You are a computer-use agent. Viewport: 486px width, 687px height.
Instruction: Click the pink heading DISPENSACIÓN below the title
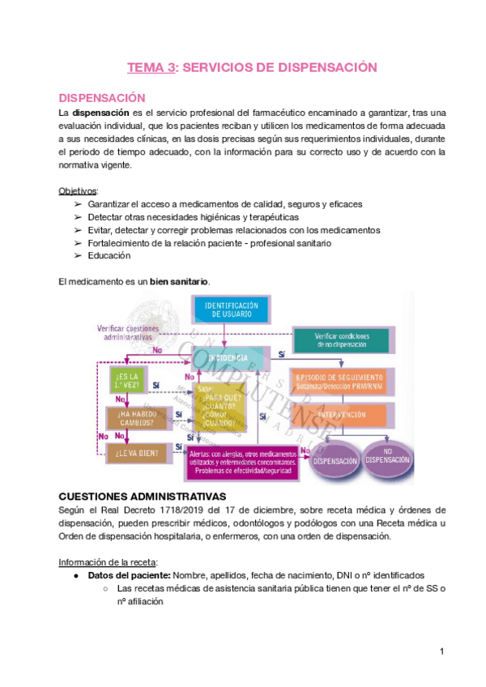[x=102, y=97]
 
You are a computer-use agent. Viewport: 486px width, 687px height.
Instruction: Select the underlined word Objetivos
[x=78, y=191]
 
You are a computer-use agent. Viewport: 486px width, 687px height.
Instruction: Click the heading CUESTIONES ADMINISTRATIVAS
[x=143, y=496]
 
